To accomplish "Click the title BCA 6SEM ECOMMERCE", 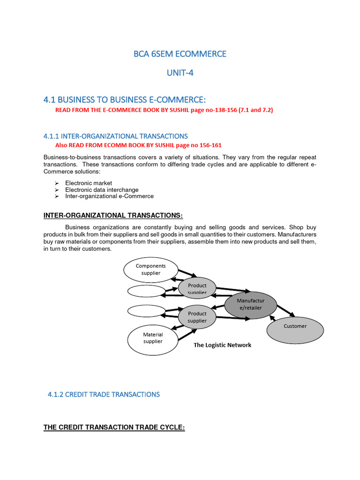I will [180, 54].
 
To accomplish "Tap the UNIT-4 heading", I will [180, 73].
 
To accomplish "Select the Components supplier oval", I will [151, 270].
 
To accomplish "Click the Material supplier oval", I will [153, 338].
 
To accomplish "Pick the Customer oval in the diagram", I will [295, 326].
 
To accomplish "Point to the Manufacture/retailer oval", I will [250, 304].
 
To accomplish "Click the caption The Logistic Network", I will [223, 345].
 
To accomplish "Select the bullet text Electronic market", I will [89, 183].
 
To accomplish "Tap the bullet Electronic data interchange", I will [102, 189].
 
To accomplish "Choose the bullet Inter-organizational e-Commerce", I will [109, 196].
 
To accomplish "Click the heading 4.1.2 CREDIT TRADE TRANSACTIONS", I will [104, 394].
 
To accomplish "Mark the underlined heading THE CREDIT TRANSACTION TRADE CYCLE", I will [114, 427].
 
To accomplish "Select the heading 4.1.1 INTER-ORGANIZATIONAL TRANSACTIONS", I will [115, 136].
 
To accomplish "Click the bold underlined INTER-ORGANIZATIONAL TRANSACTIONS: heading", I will [112, 215].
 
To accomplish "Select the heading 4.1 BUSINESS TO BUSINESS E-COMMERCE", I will [125, 99].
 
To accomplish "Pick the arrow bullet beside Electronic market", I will [56, 183].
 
